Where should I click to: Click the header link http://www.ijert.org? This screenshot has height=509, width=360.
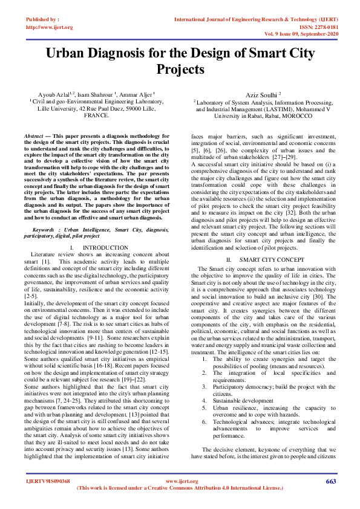point(50,27)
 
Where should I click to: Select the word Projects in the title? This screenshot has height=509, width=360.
point(180,70)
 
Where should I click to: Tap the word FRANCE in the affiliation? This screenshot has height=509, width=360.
point(97,115)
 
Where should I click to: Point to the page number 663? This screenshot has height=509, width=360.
point(330,481)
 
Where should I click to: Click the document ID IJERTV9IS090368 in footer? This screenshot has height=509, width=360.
point(48,481)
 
